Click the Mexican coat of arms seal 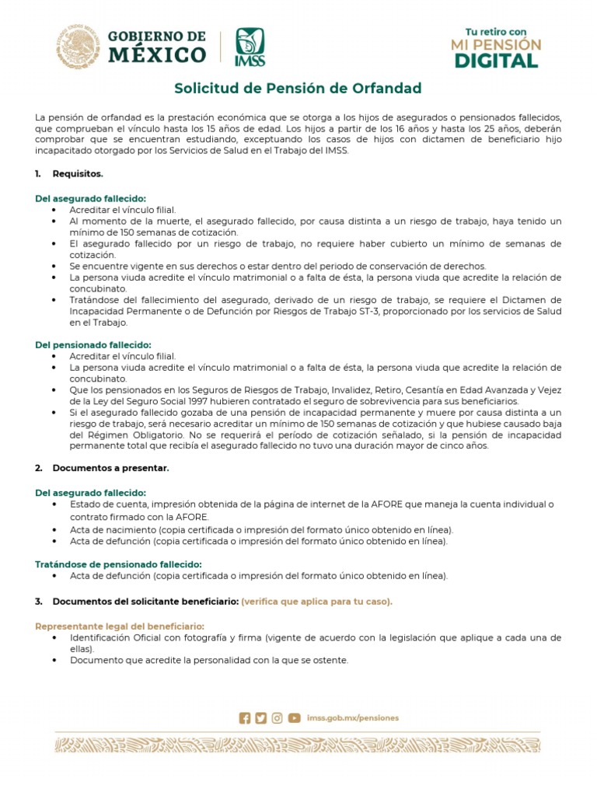[79, 45]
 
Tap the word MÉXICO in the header [157, 55]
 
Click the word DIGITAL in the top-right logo [496, 61]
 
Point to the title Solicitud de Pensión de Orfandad [298, 88]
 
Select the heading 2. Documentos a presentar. [110, 468]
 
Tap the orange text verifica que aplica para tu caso [316, 602]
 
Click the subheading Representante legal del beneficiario [120, 626]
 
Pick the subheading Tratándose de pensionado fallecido [119, 564]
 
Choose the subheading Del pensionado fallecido [93, 344]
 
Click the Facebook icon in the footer [245, 718]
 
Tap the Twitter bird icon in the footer [260, 718]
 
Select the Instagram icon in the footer [277, 718]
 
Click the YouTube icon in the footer [294, 718]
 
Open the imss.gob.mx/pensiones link [353, 718]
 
